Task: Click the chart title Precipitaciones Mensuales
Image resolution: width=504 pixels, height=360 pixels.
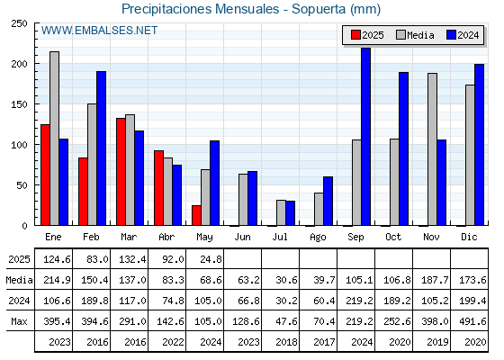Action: (x=200, y=9)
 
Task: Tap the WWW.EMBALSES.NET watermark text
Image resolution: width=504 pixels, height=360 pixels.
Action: (x=99, y=31)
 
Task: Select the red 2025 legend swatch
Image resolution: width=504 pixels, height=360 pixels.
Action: (x=355, y=35)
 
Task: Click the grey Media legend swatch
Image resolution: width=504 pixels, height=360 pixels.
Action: (x=400, y=35)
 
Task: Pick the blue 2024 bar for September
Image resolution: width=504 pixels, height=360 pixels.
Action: (x=365, y=137)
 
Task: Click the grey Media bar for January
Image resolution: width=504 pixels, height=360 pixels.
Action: (x=54, y=139)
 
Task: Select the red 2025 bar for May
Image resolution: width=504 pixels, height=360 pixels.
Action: (x=196, y=215)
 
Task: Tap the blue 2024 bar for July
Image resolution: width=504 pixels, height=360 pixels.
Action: (x=290, y=213)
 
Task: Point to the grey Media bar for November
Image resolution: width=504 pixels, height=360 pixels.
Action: (x=432, y=149)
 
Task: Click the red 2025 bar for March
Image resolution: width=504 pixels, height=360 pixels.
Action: (x=121, y=172)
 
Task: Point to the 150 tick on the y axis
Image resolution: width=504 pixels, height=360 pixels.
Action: (x=19, y=104)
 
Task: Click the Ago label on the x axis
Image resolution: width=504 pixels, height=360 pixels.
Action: (x=318, y=238)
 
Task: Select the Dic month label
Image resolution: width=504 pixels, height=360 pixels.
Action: (x=469, y=237)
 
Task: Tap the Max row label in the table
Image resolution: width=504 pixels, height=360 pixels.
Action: (x=19, y=321)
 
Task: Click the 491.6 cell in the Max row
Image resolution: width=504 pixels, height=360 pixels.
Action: (x=470, y=321)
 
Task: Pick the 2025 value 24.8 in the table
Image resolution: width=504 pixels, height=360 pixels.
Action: (x=211, y=259)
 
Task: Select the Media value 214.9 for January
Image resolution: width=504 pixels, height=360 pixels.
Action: (x=57, y=280)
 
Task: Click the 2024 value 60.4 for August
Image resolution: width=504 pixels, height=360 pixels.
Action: (x=324, y=301)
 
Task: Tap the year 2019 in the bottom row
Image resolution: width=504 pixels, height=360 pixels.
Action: (x=437, y=342)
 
